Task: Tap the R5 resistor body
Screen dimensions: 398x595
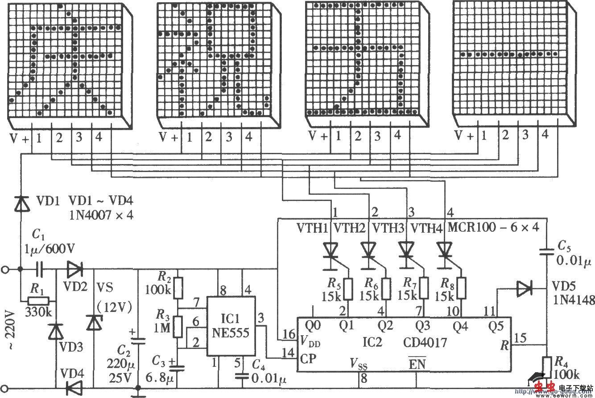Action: [349, 289]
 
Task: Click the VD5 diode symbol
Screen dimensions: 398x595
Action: [524, 289]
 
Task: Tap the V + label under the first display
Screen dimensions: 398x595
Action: [20, 139]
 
